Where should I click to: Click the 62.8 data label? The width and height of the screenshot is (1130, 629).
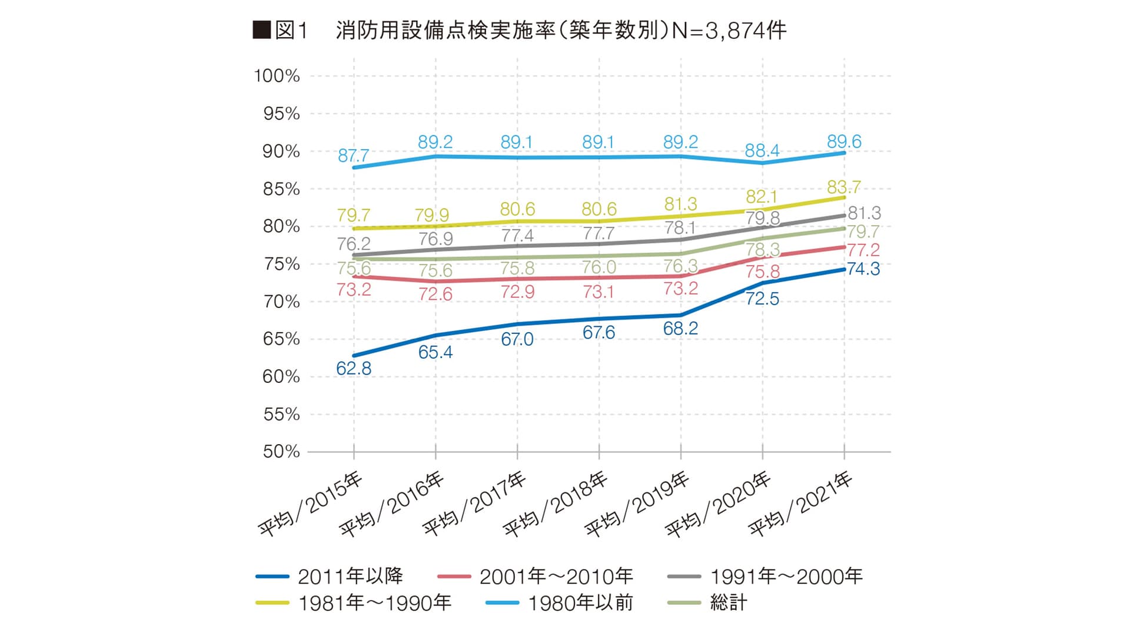point(354,369)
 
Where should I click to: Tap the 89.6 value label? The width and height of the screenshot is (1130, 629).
point(844,141)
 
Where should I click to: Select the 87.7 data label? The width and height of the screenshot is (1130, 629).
point(353,155)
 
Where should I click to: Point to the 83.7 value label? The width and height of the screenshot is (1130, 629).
point(843,187)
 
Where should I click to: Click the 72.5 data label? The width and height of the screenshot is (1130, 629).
point(762,299)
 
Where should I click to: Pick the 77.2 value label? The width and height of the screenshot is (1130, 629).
point(863,250)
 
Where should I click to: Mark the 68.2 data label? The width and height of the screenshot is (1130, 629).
point(680,329)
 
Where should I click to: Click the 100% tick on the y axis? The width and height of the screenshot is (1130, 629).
point(277,76)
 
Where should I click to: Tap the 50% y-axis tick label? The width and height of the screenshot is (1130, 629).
point(281,452)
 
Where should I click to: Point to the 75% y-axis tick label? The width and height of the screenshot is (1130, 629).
point(281,264)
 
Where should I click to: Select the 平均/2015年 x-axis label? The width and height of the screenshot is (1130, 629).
point(310,504)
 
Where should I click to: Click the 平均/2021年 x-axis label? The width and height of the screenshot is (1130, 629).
point(800,504)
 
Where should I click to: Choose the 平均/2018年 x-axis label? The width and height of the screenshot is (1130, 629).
point(555,504)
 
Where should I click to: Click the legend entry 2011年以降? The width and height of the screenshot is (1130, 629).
point(350,576)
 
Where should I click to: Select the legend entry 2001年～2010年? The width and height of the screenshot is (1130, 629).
point(556,576)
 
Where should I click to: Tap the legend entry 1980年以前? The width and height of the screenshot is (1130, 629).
point(580,602)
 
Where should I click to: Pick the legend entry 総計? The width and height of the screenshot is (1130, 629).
point(729,602)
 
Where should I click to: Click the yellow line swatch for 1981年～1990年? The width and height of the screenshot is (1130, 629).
point(272,602)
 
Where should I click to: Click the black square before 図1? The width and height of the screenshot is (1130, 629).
point(261,30)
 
